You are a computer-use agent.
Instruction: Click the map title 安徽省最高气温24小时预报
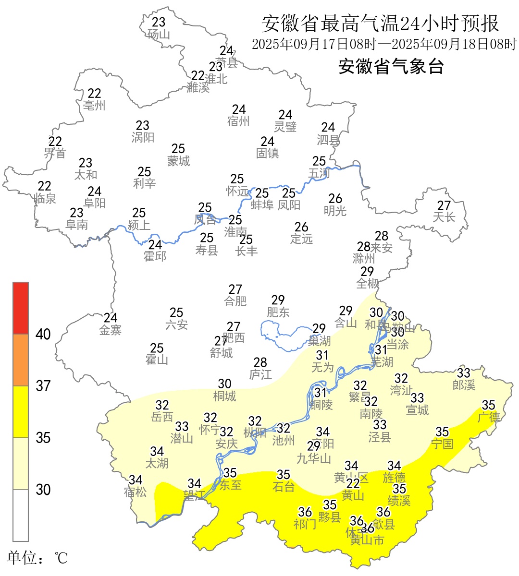click(x=380, y=23)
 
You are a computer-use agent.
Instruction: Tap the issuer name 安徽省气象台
click(x=391, y=66)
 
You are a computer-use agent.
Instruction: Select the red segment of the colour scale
click(x=21, y=308)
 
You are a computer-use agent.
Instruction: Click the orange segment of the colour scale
click(x=21, y=360)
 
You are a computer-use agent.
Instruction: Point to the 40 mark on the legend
click(x=43, y=335)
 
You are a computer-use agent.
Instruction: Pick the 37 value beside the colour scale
click(x=43, y=386)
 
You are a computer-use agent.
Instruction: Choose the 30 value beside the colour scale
click(x=43, y=490)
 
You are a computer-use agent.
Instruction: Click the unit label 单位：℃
click(x=37, y=558)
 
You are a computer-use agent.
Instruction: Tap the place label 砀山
click(x=159, y=35)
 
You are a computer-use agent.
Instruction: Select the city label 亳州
click(x=94, y=106)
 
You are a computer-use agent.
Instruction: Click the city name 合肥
click(x=235, y=301)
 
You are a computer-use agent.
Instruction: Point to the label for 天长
click(x=444, y=217)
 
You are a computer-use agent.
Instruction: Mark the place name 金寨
click(x=111, y=330)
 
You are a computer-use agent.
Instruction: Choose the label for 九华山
click(x=314, y=459)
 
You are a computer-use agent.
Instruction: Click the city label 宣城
click(x=417, y=410)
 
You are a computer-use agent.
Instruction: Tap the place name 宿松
click(x=136, y=492)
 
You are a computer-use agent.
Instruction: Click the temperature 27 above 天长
click(x=444, y=205)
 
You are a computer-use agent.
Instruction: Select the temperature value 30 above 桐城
click(x=225, y=384)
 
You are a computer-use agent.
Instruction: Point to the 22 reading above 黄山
click(x=353, y=484)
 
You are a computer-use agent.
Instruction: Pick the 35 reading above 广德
click(x=489, y=405)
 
